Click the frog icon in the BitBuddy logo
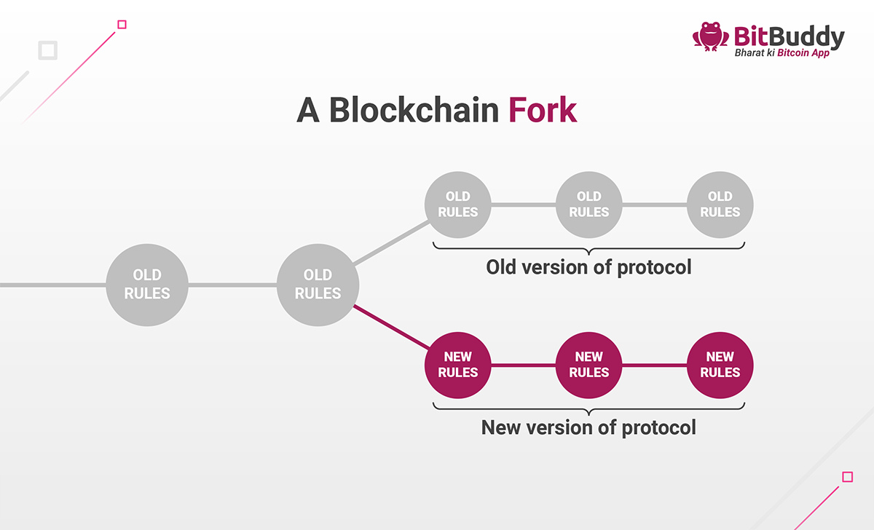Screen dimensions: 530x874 (x=710, y=36)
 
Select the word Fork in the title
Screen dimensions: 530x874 (x=543, y=110)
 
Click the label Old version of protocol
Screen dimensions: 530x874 (x=588, y=267)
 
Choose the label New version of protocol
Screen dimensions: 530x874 (x=588, y=427)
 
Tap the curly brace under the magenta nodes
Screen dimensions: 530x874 (x=588, y=406)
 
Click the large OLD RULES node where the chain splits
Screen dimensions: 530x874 (x=318, y=285)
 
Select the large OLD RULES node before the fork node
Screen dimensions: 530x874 (x=147, y=285)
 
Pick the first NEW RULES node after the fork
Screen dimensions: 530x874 (x=457, y=365)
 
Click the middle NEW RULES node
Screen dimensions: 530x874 (x=588, y=365)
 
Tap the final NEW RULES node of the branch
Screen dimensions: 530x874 (x=720, y=365)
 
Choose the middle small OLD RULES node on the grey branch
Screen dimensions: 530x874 (x=588, y=205)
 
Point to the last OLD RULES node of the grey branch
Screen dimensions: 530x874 (x=720, y=205)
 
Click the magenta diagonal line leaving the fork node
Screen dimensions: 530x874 (x=391, y=327)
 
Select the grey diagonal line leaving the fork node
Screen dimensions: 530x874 (x=391, y=242)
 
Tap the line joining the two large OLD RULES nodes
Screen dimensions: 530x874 (x=232, y=285)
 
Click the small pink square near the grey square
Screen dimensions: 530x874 (x=122, y=25)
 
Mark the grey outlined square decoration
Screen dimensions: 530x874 (x=48, y=50)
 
